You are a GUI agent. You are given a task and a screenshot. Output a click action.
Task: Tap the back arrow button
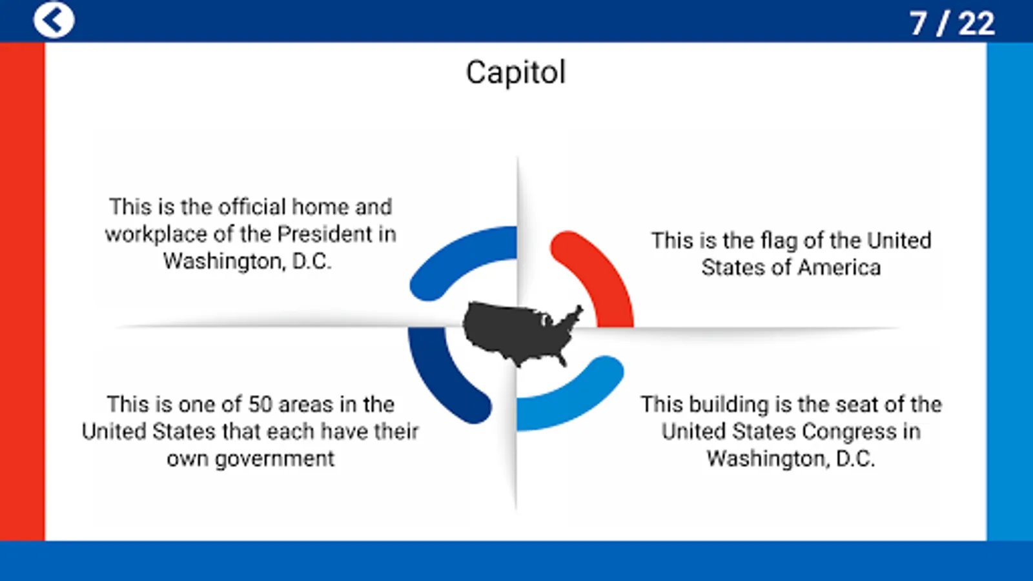[x=54, y=20]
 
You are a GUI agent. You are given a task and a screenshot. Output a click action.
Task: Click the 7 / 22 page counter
[x=952, y=23]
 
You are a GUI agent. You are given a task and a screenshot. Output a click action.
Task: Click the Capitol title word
[x=516, y=72]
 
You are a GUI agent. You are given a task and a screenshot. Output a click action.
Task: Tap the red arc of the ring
[x=604, y=272]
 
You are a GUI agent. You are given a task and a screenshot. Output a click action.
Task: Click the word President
[x=325, y=234]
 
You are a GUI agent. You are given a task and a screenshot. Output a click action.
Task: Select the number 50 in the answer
[x=260, y=405]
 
